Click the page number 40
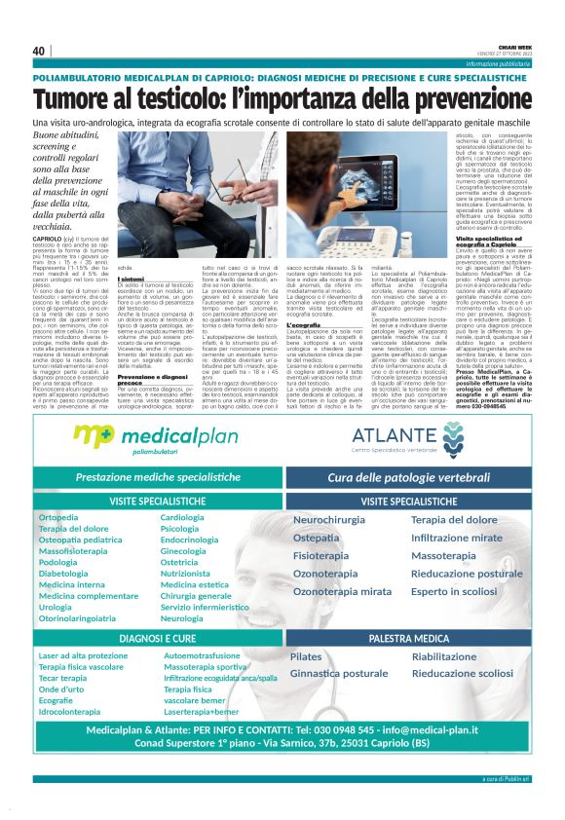coord(38,51)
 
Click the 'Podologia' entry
coord(58,562)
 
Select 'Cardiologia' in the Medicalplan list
coord(182,517)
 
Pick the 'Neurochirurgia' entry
coord(329,521)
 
